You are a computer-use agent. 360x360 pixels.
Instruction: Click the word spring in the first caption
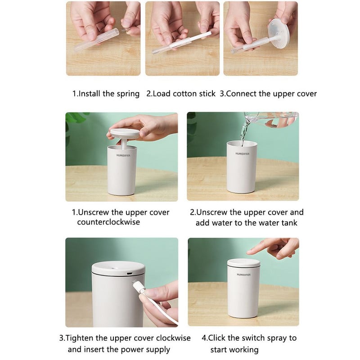(x=128, y=94)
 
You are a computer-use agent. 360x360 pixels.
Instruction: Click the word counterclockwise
(x=108, y=222)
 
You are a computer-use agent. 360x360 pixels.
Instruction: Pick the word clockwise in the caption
(x=173, y=338)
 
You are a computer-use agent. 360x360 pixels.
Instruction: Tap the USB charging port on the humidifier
(x=130, y=274)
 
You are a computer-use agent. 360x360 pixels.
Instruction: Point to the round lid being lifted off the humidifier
(x=125, y=134)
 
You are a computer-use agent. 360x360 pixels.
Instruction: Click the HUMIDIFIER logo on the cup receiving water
(x=243, y=153)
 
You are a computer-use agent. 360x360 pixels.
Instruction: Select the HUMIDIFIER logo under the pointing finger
(x=243, y=274)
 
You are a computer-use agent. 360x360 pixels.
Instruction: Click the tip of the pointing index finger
(x=248, y=253)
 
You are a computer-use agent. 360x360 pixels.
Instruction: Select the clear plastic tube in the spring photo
(x=97, y=39)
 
